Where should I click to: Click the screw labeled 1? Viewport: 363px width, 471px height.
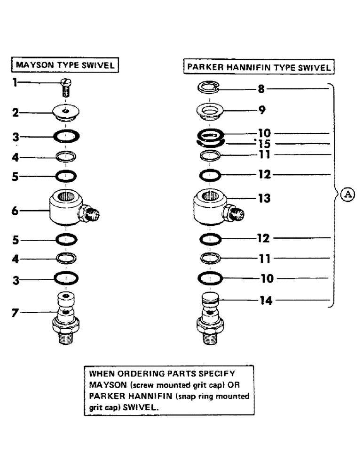(x=66, y=88)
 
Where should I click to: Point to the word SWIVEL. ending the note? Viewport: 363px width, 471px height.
(x=141, y=409)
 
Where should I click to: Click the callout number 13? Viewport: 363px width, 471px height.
(x=263, y=199)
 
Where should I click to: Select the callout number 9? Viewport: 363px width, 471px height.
(x=262, y=110)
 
